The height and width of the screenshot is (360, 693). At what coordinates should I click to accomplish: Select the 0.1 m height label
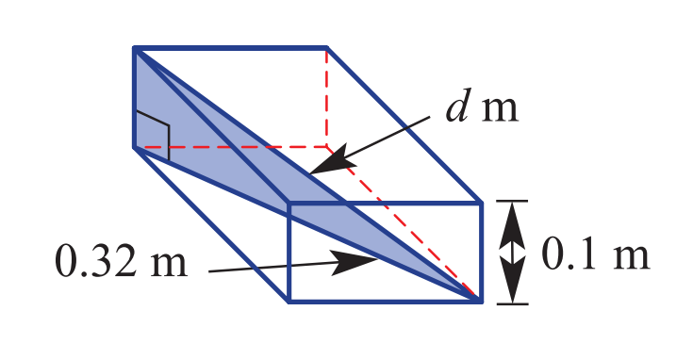point(596,254)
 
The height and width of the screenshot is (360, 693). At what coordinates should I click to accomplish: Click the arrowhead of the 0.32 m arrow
point(354,263)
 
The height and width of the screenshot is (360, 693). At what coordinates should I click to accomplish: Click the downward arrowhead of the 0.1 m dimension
point(513,278)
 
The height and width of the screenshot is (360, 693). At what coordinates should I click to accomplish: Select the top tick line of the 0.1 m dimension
point(513,201)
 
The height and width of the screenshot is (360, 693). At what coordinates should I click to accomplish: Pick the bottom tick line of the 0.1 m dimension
point(513,303)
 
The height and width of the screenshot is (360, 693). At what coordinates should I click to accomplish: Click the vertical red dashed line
point(326,97)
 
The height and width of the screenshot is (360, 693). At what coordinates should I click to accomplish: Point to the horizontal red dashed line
point(231,147)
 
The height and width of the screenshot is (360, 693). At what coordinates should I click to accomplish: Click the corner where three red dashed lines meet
point(326,147)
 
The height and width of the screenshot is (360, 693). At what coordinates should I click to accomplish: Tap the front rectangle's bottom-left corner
point(289,302)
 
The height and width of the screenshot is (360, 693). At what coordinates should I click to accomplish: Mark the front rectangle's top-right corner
point(481,203)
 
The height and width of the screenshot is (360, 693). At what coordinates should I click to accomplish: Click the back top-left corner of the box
point(134,47)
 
